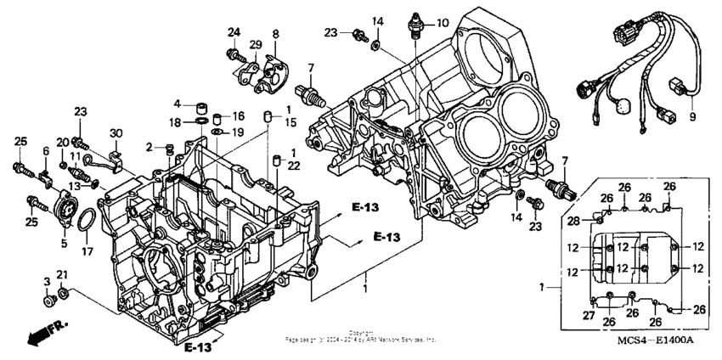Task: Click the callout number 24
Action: coord(234,33)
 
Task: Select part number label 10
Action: coord(442,23)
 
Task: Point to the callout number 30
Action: coord(116,133)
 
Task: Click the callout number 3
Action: coord(46,280)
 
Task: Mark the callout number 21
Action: coord(61,273)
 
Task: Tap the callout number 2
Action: coord(149,148)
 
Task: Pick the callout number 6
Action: coord(46,150)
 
